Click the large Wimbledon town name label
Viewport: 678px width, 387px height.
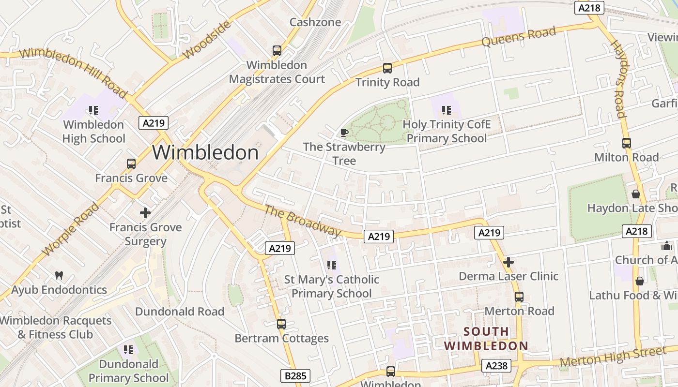[205, 153]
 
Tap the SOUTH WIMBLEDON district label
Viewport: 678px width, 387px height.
[486, 339]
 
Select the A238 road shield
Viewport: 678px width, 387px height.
[497, 366]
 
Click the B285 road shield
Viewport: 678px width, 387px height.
[295, 376]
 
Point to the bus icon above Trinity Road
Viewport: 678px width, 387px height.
[387, 68]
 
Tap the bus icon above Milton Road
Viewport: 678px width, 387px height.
[626, 143]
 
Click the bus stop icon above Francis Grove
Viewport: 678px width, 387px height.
[131, 164]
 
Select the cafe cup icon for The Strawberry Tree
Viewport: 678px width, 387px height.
[344, 133]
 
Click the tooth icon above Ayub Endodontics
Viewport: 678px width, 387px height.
[59, 276]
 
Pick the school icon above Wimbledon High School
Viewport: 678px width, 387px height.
[93, 110]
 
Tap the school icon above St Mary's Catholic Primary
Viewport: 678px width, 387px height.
[331, 265]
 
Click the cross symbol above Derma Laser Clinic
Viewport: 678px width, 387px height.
[508, 262]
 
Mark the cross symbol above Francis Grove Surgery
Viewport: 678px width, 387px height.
[145, 212]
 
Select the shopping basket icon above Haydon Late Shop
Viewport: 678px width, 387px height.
[635, 194]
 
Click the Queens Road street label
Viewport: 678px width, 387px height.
[519, 37]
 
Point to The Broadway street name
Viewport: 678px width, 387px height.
[303, 222]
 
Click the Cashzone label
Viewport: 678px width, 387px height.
[315, 22]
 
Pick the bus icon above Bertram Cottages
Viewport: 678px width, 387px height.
[281, 324]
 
